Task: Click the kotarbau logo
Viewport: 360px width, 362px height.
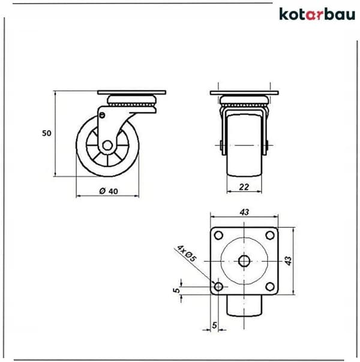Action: (x=317, y=14)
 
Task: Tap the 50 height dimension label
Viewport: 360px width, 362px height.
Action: (x=46, y=133)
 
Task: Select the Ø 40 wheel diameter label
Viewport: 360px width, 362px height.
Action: (x=109, y=191)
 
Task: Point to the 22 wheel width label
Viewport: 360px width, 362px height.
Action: (x=244, y=187)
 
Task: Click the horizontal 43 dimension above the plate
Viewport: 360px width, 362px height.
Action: (x=244, y=212)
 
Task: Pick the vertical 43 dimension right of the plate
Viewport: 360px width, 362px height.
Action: (x=288, y=261)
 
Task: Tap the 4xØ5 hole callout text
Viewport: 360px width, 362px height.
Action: (x=187, y=254)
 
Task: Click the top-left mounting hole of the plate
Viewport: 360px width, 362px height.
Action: (x=218, y=236)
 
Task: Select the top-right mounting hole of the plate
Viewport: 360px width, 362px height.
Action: (x=270, y=236)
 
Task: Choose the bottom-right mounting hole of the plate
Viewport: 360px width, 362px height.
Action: (x=270, y=286)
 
